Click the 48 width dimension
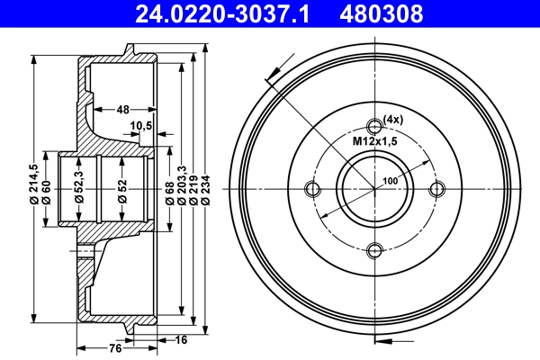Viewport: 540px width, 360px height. (122, 109)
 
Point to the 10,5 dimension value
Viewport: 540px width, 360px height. (140, 125)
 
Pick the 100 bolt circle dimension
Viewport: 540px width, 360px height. (390, 181)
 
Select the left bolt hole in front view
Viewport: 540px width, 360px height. (313, 189)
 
